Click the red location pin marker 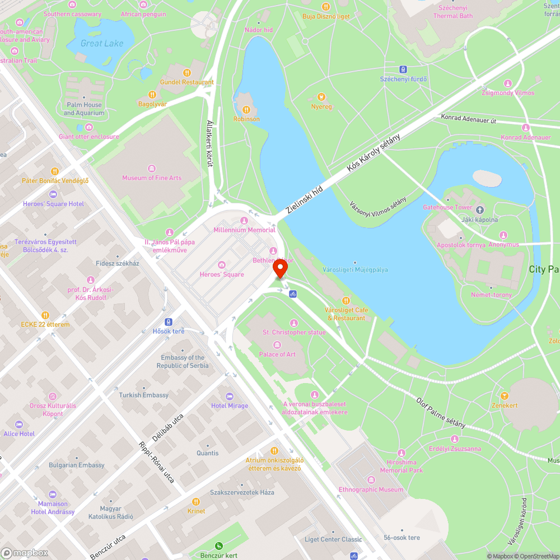(280, 270)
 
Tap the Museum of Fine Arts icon (152, 169)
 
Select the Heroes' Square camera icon (222, 265)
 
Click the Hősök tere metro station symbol (169, 321)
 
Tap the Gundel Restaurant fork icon (186, 72)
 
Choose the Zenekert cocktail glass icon (505, 396)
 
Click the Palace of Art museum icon (277, 345)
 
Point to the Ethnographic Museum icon (371, 480)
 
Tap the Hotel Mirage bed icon (229, 396)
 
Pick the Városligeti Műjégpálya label (356, 269)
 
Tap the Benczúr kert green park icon (219, 546)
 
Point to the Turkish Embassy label (143, 395)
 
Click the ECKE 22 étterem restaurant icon (45, 315)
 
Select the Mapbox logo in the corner (25, 552)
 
